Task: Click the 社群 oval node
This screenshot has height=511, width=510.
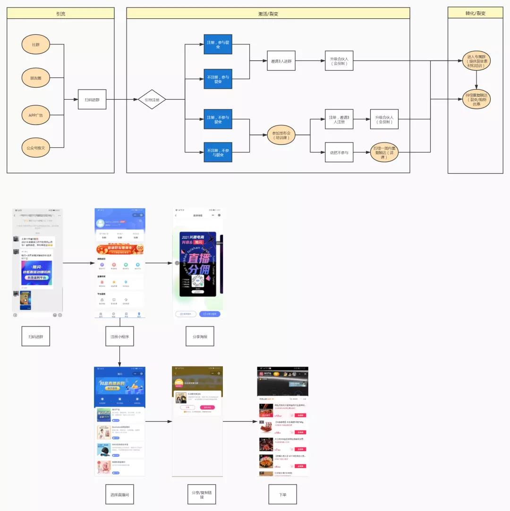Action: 36,44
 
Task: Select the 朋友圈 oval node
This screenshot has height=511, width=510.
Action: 36,78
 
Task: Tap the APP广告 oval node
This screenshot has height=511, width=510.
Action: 36,115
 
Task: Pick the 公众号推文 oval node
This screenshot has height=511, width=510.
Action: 36,148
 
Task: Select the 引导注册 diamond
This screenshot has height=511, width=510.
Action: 152,100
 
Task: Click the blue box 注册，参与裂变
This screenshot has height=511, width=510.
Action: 218,45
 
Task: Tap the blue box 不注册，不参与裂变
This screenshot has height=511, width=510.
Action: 218,152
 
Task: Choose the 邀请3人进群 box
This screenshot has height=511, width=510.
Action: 281,61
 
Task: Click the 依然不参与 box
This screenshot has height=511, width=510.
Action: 339,152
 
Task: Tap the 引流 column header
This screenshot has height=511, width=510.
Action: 60,13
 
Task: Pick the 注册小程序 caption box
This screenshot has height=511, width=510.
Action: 120,336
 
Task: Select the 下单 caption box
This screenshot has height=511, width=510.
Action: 282,494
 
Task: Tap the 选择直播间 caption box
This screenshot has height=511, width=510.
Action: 119,494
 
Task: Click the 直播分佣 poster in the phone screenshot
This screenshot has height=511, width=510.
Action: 198,264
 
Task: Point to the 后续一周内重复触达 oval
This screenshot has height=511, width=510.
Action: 384,152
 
